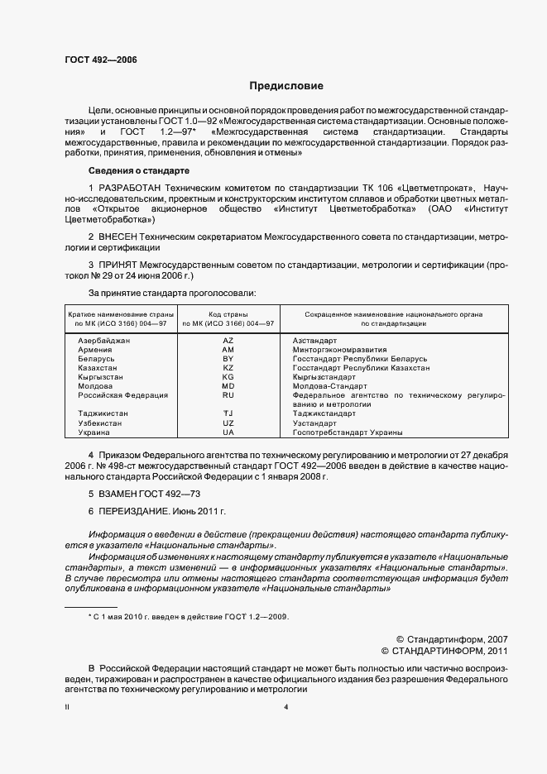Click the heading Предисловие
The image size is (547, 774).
tap(286, 86)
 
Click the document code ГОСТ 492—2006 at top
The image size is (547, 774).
tap(100, 61)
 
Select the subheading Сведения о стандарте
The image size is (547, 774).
tap(139, 170)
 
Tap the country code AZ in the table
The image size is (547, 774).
tap(228, 341)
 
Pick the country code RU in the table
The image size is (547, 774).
tap(228, 395)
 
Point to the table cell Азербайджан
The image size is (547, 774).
tap(104, 341)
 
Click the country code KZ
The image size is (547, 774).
tap(228, 368)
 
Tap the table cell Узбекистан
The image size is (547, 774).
tap(100, 423)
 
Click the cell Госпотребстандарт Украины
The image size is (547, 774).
tap(347, 432)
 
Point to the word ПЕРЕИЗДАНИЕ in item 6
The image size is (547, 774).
tap(137, 513)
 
